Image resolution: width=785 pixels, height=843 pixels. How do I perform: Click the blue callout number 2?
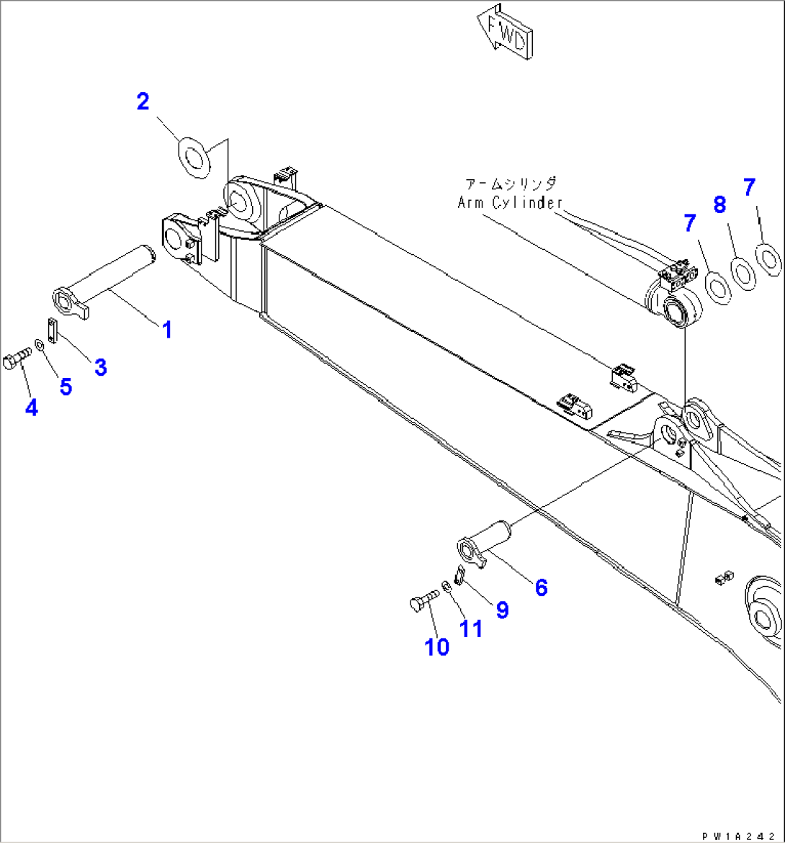pos(143,102)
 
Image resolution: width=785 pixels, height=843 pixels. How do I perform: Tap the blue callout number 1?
pos(166,330)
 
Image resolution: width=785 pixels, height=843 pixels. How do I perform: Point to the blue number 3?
pos(101,367)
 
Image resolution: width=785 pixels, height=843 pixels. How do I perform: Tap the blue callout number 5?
pos(66,387)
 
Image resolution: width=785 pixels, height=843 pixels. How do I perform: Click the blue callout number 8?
pos(719,207)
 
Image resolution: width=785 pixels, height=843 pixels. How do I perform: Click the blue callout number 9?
pos(502,610)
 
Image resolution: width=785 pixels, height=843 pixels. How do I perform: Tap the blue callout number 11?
pos(471,628)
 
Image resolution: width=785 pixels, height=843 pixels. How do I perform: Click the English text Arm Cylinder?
pos(510,203)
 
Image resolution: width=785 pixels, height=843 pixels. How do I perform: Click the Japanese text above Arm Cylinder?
pos(510,184)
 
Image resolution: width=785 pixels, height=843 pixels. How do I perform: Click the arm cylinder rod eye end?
pos(675,310)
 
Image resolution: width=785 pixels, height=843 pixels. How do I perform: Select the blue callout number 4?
pos(31,407)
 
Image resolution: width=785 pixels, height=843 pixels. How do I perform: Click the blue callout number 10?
pos(437,646)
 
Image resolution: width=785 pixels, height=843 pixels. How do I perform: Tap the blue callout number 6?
pos(540,587)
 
